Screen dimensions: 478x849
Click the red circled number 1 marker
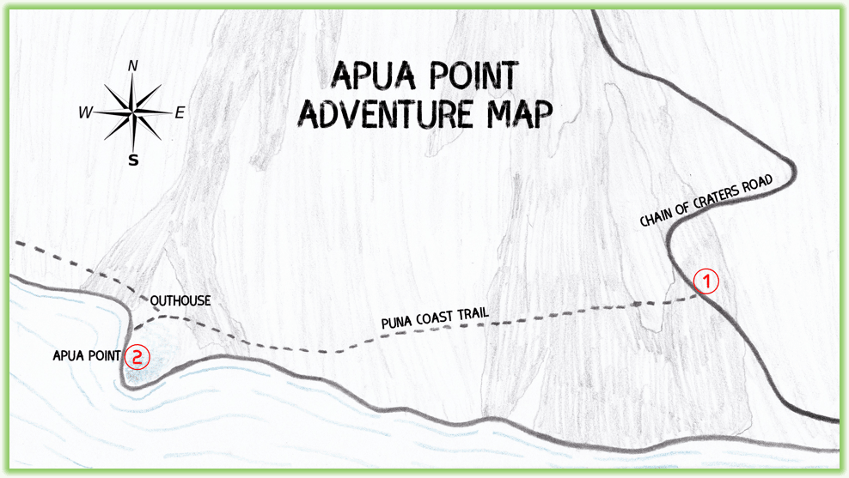pos(705,281)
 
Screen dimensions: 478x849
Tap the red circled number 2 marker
pos(137,356)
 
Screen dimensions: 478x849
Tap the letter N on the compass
pos(132,66)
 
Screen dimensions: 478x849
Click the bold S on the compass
pos(133,160)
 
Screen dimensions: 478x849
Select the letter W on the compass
pos(85,112)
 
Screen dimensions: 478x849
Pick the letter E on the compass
pos(180,112)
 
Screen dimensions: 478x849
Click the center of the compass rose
pos(132,112)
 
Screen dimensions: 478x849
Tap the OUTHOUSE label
pos(180,301)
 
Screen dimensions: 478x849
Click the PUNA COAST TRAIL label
pos(435,318)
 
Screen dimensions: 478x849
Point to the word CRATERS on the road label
pos(723,197)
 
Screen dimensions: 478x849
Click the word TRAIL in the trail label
pos(473,314)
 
